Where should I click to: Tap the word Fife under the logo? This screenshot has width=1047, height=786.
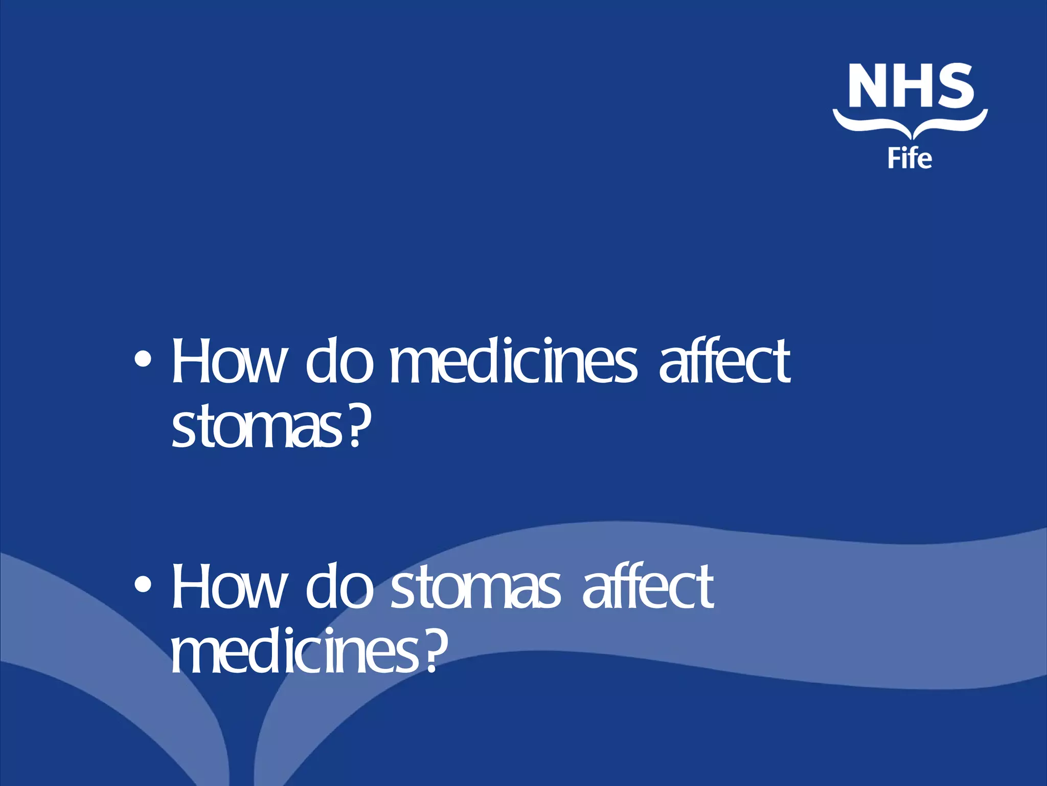[909, 158]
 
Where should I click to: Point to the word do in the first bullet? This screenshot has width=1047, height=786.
[339, 361]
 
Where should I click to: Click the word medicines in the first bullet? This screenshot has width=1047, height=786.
[514, 361]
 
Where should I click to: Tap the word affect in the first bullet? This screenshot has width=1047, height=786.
[725, 361]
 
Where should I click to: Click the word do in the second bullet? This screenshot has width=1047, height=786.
[339, 586]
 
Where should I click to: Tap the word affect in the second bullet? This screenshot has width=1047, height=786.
[648, 586]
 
